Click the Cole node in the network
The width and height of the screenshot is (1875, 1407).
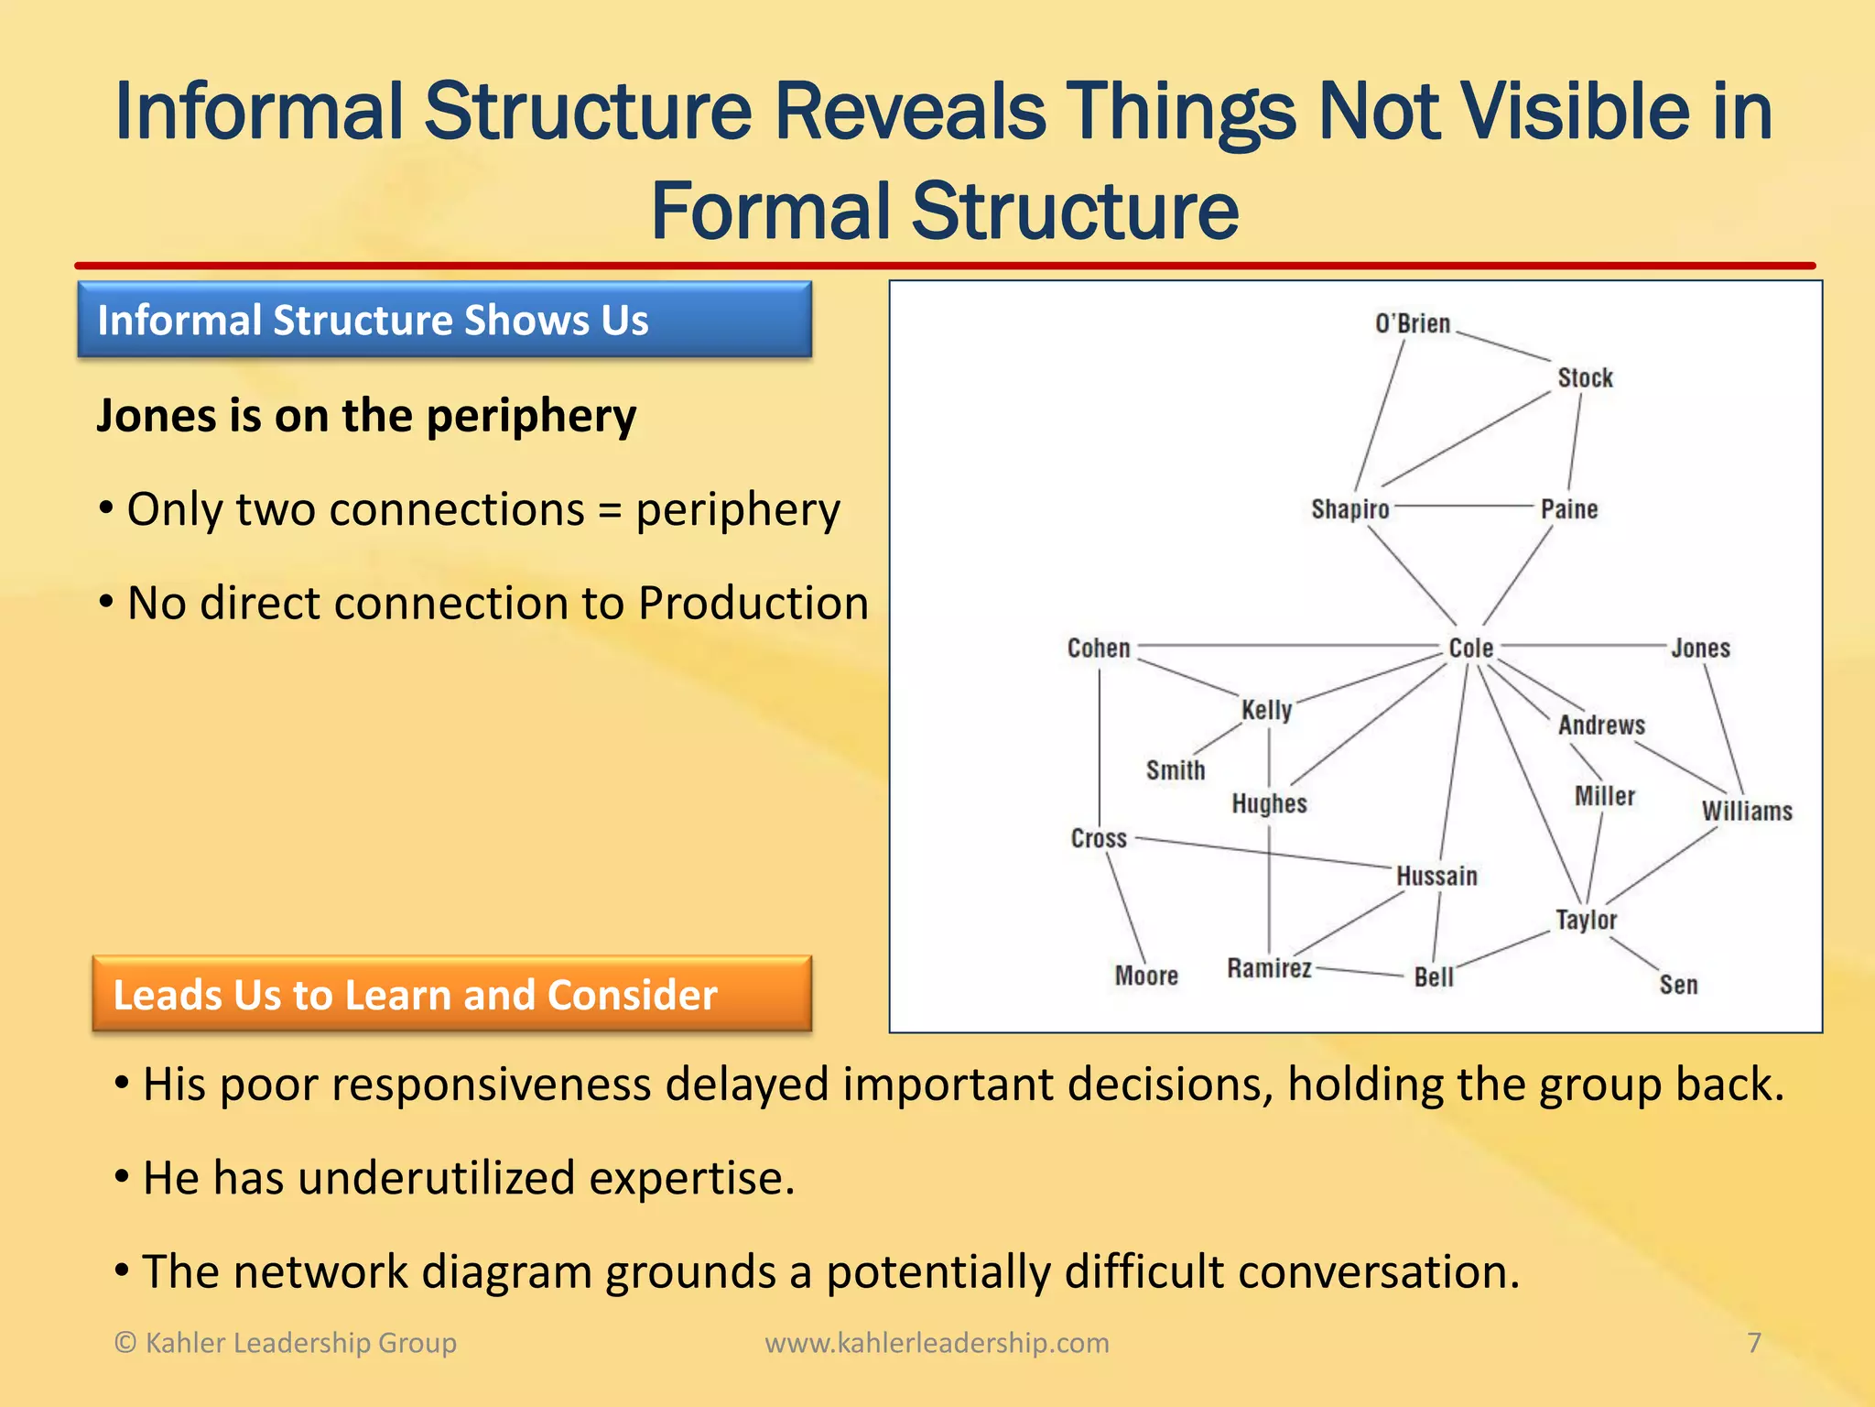pos(1470,648)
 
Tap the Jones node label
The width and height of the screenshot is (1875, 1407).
pos(1700,649)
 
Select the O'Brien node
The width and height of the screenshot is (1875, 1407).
pos(1412,324)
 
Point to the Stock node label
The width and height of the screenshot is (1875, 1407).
pos(1585,377)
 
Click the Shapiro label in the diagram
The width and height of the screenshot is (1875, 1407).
pos(1349,509)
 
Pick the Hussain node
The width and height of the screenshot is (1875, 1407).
pos(1436,876)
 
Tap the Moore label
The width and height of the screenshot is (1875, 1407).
pos(1146,976)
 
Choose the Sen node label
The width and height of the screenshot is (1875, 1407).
pos(1678,985)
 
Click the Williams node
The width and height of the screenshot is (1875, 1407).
pos(1747,812)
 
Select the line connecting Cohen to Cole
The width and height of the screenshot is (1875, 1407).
pos(1282,646)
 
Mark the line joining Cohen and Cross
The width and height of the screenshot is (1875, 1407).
pos(1099,742)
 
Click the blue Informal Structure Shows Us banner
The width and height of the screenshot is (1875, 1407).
pos(444,320)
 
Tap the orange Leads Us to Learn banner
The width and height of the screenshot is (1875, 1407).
pos(451,994)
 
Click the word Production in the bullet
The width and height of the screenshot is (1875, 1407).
pos(753,603)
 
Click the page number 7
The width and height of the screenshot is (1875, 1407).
pos(1754,1342)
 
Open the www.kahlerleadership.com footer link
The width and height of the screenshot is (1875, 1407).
pos(937,1342)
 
